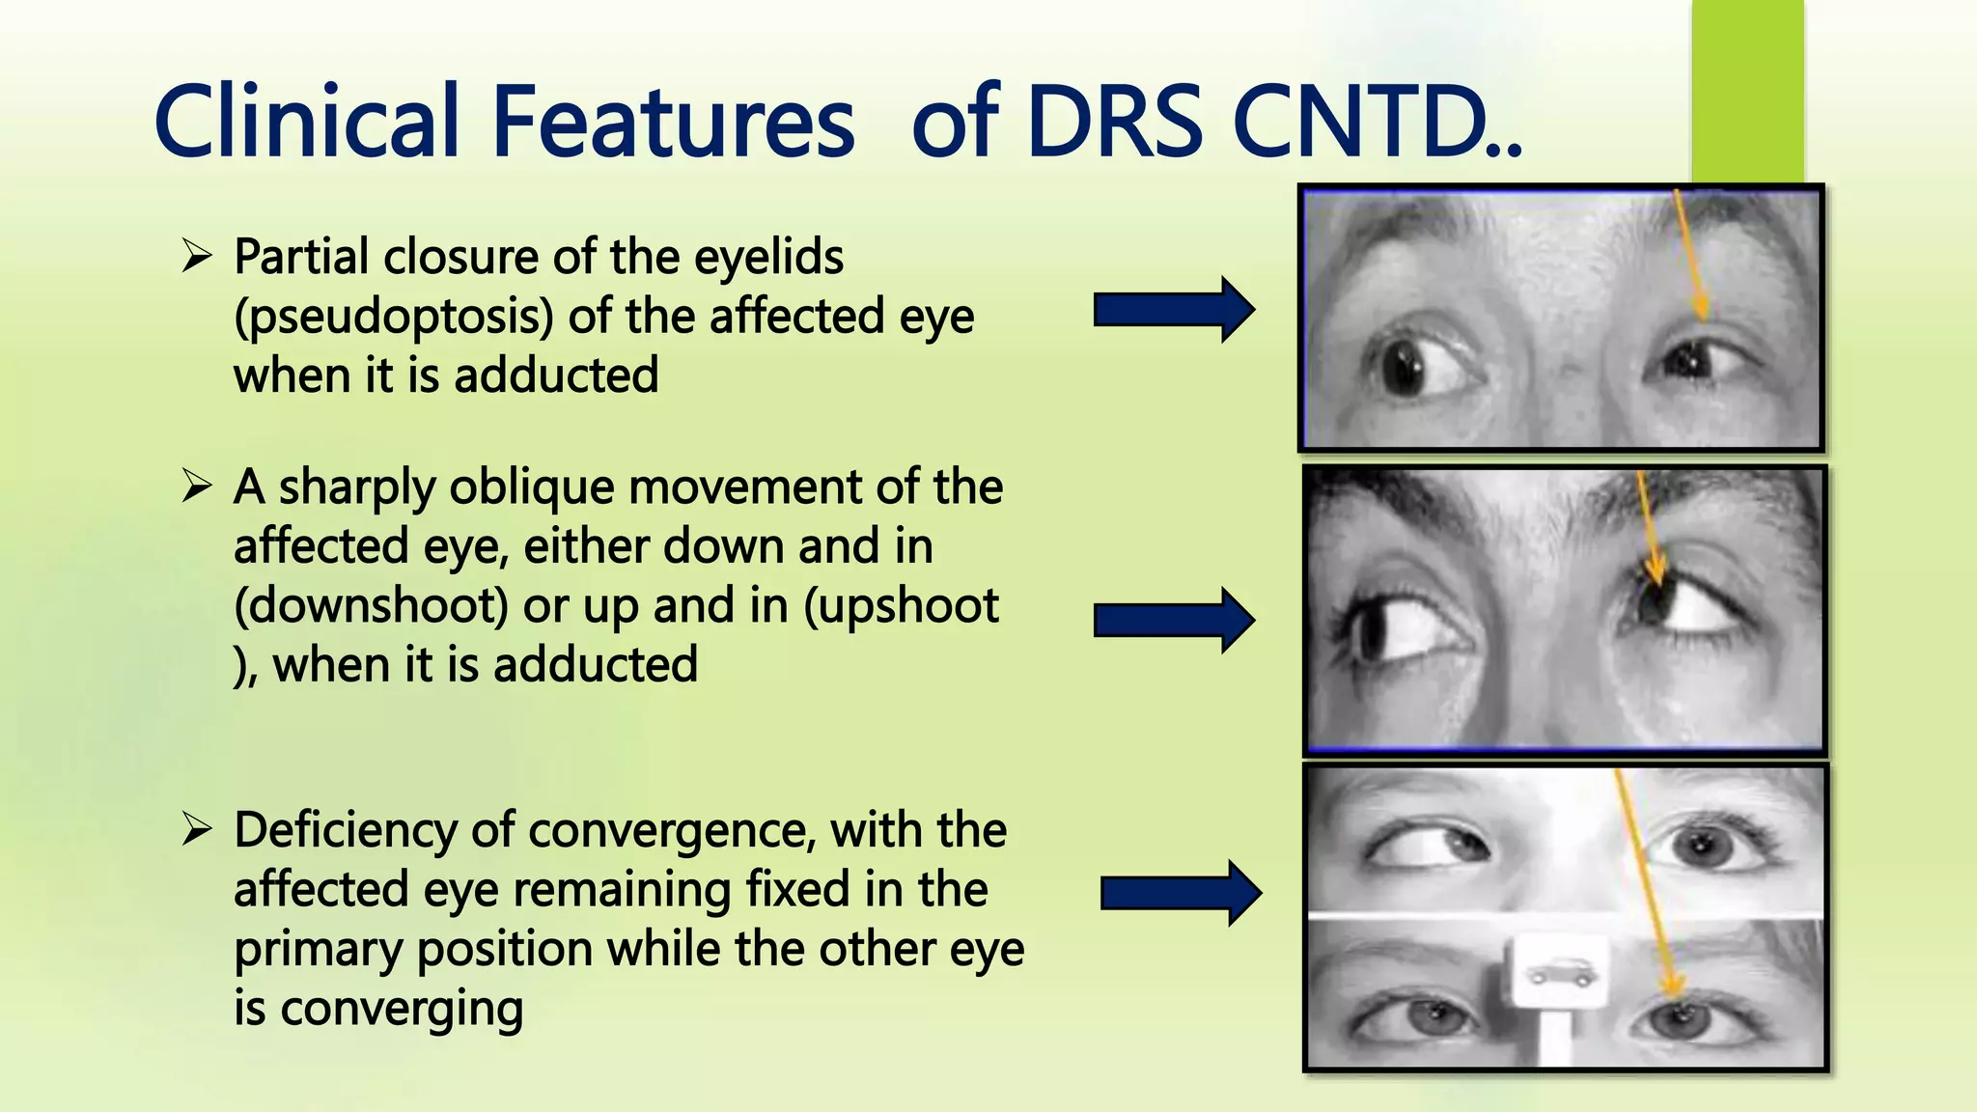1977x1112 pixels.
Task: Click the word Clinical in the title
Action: (306, 122)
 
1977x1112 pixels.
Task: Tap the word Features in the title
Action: (674, 122)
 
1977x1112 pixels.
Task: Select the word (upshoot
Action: (902, 606)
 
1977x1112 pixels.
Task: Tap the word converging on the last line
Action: (403, 1010)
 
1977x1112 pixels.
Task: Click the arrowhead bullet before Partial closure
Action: (196, 257)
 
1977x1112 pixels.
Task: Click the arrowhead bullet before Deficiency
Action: (196, 829)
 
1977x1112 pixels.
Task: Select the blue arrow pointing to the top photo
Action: (1174, 310)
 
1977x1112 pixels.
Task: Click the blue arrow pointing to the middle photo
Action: (1174, 620)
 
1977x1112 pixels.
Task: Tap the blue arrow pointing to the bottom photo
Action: (1181, 893)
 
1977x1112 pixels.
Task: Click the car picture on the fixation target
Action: (1559, 973)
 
